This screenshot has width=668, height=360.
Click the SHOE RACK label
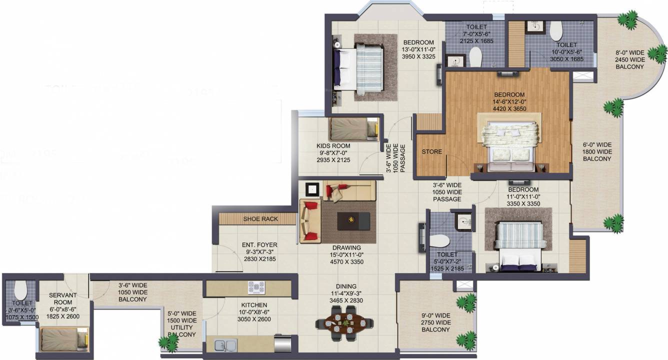coord(260,219)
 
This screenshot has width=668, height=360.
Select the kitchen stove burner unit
coord(256,288)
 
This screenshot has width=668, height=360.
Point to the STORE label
coord(431,151)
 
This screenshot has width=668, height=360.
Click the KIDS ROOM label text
coord(333,146)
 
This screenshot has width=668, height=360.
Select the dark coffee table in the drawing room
coord(353,220)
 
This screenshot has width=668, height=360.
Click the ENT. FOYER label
coord(259,245)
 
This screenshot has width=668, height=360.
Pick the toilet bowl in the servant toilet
coord(20,288)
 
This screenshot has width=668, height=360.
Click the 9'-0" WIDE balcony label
coord(435,315)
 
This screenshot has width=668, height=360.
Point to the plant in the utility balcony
coord(168,342)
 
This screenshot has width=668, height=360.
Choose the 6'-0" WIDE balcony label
coord(597,145)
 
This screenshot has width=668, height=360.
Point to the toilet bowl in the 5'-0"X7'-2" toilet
coord(440,240)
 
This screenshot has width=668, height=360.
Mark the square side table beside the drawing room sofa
coord(313,189)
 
